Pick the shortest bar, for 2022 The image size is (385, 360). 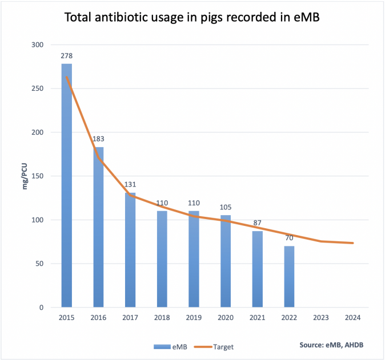(290, 277)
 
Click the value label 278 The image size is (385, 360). (67, 56)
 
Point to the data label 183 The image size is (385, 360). (99, 139)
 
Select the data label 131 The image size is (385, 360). (130, 185)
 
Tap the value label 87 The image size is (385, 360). (258, 224)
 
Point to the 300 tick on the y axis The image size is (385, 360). (38, 45)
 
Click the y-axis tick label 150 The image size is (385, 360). (38, 176)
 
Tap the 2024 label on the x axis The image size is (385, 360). (353, 318)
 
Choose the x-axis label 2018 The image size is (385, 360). (162, 318)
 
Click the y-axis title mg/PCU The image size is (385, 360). (26, 176)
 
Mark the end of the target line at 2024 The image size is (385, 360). (353, 243)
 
